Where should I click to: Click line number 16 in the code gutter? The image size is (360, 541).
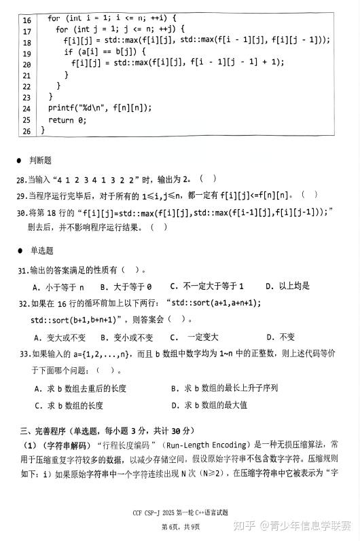point(27,20)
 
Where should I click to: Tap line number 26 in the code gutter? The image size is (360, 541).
point(27,130)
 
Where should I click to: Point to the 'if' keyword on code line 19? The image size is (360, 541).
point(68,52)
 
